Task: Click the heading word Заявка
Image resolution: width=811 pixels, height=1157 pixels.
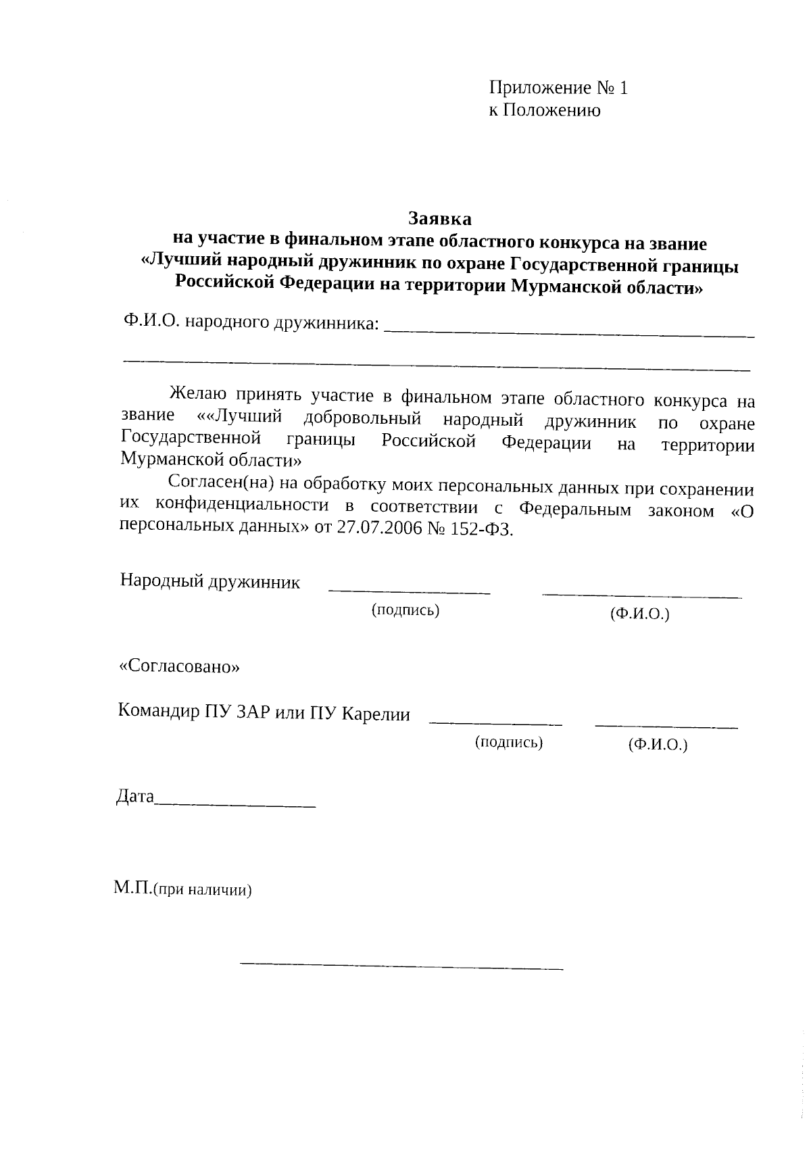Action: tap(440, 219)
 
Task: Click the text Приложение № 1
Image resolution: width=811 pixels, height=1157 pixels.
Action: tap(558, 89)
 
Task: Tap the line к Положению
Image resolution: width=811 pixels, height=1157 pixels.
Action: tap(544, 110)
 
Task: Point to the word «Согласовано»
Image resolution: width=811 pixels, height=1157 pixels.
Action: tap(179, 667)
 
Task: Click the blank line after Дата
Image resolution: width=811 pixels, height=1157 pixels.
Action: tap(235, 805)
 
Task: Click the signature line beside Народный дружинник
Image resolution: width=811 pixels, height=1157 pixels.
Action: tap(409, 592)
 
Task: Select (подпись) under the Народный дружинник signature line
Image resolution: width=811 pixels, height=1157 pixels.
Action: tap(405, 610)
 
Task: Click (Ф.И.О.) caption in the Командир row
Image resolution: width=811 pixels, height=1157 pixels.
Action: tap(657, 745)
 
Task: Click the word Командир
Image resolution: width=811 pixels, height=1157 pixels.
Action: tap(159, 712)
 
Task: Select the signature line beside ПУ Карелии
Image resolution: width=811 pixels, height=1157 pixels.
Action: tap(495, 724)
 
